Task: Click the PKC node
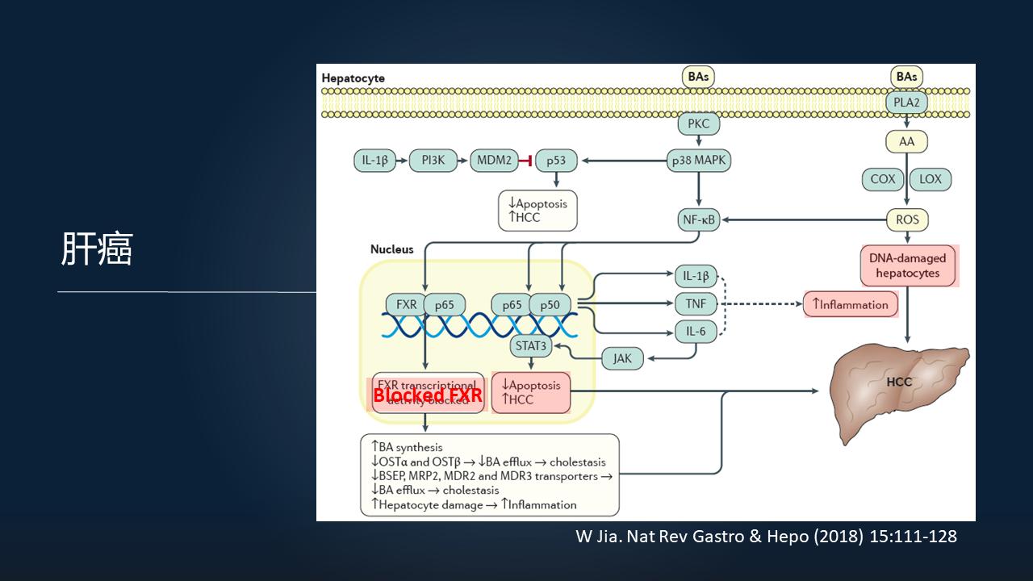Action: (x=698, y=125)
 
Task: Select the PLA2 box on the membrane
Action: (x=907, y=102)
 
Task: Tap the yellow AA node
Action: (x=907, y=142)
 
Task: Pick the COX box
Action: (x=883, y=179)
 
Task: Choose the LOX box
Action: (x=931, y=179)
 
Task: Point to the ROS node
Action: (x=907, y=219)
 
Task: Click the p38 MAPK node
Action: (x=698, y=161)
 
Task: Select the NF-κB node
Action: (x=698, y=219)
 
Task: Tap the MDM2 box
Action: (x=494, y=161)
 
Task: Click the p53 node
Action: (x=556, y=161)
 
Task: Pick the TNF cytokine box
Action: (x=695, y=303)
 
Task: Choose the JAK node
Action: (x=622, y=358)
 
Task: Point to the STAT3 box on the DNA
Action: (x=530, y=347)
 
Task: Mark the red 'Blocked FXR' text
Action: (x=427, y=395)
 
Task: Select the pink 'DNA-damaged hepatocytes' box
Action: (x=909, y=266)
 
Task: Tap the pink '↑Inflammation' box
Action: (x=851, y=304)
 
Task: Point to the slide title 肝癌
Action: (x=97, y=250)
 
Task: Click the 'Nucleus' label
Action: (x=391, y=249)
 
